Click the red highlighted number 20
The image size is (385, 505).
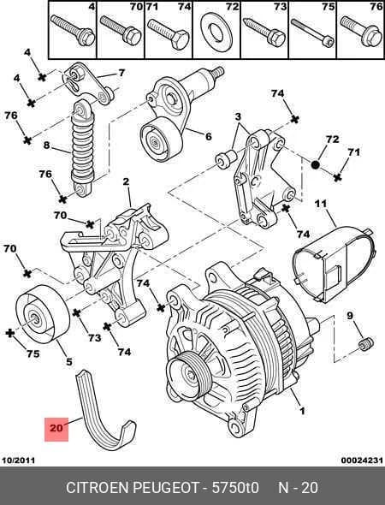coord(56,428)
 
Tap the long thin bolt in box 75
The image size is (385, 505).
coord(312,33)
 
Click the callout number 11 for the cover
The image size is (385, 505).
coord(321,204)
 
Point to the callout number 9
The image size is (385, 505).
coord(350,316)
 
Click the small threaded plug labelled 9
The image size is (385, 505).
coord(365,343)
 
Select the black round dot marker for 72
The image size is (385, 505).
coord(316,164)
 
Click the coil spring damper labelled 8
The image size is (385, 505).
coord(83,148)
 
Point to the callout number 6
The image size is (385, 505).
coord(208,137)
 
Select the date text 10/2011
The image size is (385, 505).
coord(18,460)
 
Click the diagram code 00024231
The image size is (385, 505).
coord(362,460)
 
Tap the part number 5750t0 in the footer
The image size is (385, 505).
coord(235,487)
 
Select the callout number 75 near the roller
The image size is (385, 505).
coord(33,353)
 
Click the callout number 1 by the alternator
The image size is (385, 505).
coord(302,411)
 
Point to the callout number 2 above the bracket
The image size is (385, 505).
coord(126,181)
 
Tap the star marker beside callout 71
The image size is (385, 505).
coord(337,177)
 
